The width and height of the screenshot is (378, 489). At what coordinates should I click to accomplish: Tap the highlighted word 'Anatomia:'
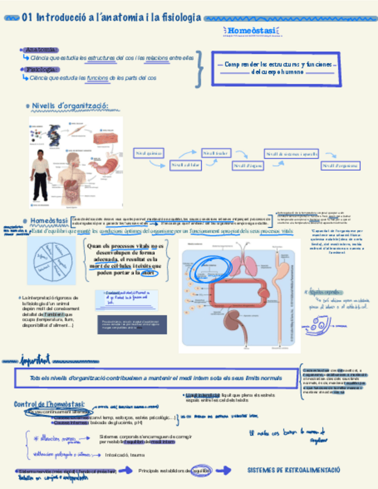[x=39, y=50]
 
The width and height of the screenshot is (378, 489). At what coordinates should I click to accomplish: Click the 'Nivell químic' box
[x=149, y=153]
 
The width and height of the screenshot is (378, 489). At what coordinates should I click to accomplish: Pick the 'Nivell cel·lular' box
[x=186, y=165]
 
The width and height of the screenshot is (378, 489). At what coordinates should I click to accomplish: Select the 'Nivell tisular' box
[x=216, y=153]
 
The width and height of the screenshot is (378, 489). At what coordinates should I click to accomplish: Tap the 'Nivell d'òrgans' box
[x=247, y=165]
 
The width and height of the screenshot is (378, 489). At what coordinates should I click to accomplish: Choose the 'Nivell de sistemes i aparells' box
[x=291, y=153]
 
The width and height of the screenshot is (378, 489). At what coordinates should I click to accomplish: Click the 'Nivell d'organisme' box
[x=340, y=165]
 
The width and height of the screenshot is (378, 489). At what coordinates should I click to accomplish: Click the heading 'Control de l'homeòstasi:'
[x=49, y=404]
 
